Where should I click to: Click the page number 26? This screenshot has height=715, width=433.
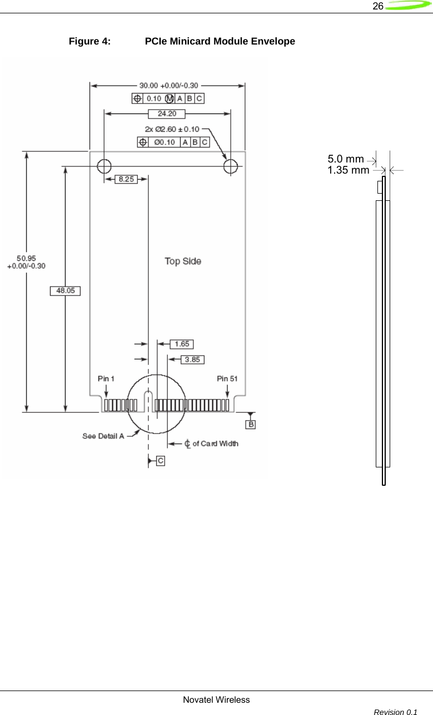[x=378, y=6]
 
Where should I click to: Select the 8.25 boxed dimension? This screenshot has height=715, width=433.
[x=126, y=180]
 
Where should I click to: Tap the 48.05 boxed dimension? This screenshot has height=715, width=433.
[x=65, y=290]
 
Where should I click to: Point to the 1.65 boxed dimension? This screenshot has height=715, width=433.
[x=181, y=344]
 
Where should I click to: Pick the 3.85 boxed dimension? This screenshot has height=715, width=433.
[x=192, y=359]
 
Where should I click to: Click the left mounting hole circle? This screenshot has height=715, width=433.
[x=104, y=166]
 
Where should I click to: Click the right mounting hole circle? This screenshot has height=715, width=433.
[x=231, y=166]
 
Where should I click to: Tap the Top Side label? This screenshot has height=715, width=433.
[x=183, y=261]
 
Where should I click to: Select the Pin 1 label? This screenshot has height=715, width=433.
[x=106, y=378]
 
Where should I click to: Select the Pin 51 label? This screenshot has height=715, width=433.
[x=227, y=378]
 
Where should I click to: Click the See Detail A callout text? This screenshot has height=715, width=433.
[x=103, y=436]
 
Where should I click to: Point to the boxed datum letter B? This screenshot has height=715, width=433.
[x=251, y=425]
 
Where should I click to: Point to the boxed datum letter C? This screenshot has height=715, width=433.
[x=160, y=461]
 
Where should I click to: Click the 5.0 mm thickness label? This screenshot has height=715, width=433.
[x=346, y=160]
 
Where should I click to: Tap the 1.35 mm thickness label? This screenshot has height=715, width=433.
[x=348, y=170]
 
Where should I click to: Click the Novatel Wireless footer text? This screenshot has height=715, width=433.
[x=216, y=699]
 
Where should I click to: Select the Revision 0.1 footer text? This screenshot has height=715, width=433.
[x=396, y=711]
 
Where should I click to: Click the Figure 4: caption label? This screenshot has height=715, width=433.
[x=89, y=41]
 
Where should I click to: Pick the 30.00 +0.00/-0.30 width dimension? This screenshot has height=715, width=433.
[x=167, y=86]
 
